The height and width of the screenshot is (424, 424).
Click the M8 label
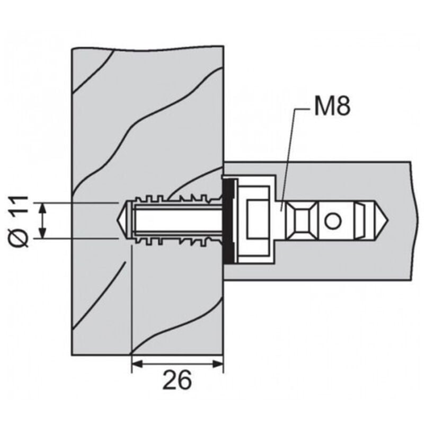coord(331,107)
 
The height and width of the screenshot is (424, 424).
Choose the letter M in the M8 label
coord(323,107)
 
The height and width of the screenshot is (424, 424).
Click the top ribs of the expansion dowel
coord(175,200)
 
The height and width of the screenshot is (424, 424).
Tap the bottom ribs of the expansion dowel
coord(175,241)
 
